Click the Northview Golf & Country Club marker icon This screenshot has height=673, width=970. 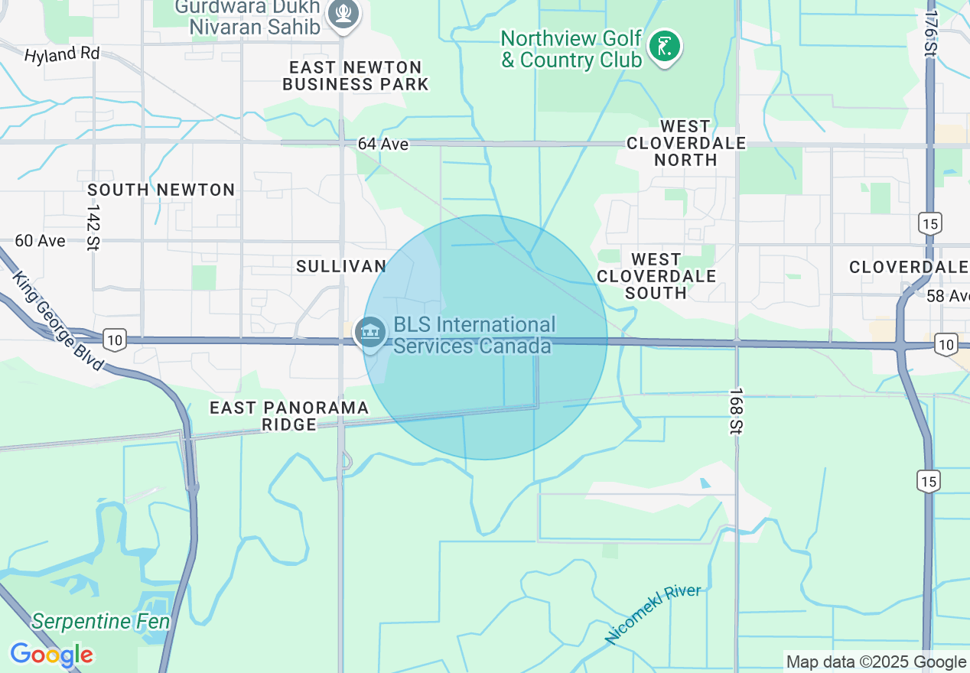pyautogui.click(x=664, y=47)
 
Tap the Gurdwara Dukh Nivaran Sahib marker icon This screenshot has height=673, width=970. pyautogui.click(x=343, y=15)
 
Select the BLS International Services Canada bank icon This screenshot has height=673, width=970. pyautogui.click(x=371, y=333)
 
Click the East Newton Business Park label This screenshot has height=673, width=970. pyautogui.click(x=355, y=76)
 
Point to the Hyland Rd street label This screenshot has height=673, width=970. pyautogui.click(x=62, y=54)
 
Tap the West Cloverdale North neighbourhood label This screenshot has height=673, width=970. pyautogui.click(x=685, y=143)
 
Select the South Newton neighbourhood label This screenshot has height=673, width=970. pyautogui.click(x=161, y=190)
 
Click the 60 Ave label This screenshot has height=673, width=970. pyautogui.click(x=41, y=240)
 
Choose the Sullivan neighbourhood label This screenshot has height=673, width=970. pyautogui.click(x=341, y=265)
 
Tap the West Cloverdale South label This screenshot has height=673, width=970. pyautogui.click(x=656, y=276)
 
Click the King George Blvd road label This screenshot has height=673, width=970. pyautogui.click(x=57, y=321)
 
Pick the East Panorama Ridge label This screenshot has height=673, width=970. pyautogui.click(x=289, y=416)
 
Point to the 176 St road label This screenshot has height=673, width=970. pyautogui.click(x=931, y=33)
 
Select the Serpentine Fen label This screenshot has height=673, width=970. pyautogui.click(x=100, y=621)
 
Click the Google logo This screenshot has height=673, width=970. pyautogui.click(x=51, y=655)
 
